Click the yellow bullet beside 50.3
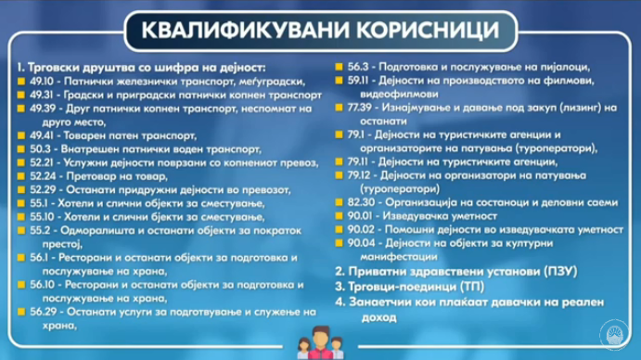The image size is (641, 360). point(21,149)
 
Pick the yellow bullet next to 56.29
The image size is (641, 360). point(21,312)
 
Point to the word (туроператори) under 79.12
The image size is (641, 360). point(400,189)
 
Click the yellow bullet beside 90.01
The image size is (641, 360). point(339,215)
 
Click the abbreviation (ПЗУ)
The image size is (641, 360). point(560,271)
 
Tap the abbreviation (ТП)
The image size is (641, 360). point(472,287)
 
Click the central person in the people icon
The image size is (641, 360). point(321,342)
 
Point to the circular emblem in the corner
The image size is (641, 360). point(614,335)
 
